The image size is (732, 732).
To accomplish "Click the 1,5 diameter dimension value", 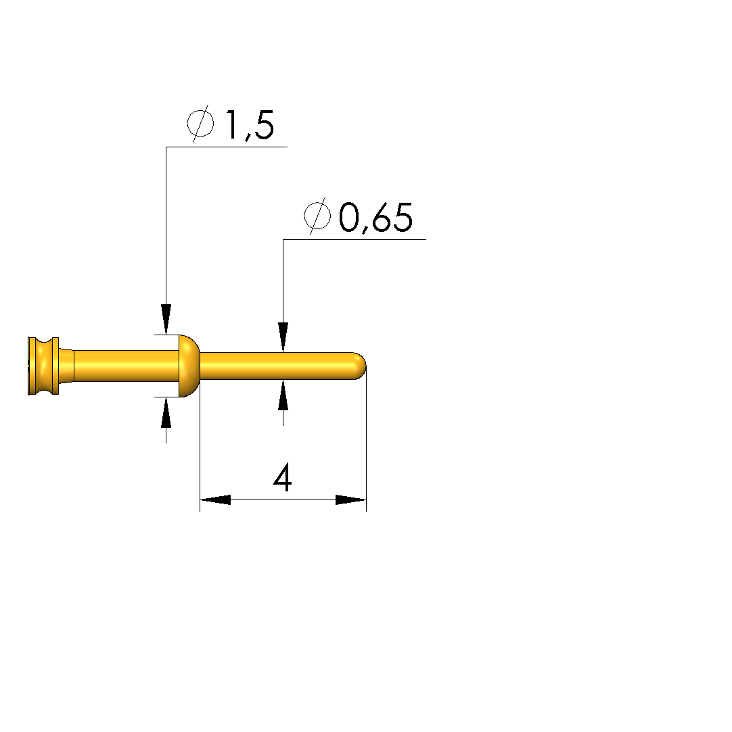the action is coord(250,125).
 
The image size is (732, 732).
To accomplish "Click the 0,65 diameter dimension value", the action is coord(375,218).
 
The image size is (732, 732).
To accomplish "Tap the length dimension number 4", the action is coord(283,477).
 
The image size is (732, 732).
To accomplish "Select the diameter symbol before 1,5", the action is coord(200,124).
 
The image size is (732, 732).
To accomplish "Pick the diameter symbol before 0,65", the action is coord(317,216).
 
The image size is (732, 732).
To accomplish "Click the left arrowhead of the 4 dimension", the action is coord(215,499).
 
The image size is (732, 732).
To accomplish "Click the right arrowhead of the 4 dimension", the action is coord(351,499).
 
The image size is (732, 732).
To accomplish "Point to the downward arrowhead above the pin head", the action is coord(166,319).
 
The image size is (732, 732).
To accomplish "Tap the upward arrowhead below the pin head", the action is coord(166,412).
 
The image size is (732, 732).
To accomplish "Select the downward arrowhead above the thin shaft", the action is coord(283,337).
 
